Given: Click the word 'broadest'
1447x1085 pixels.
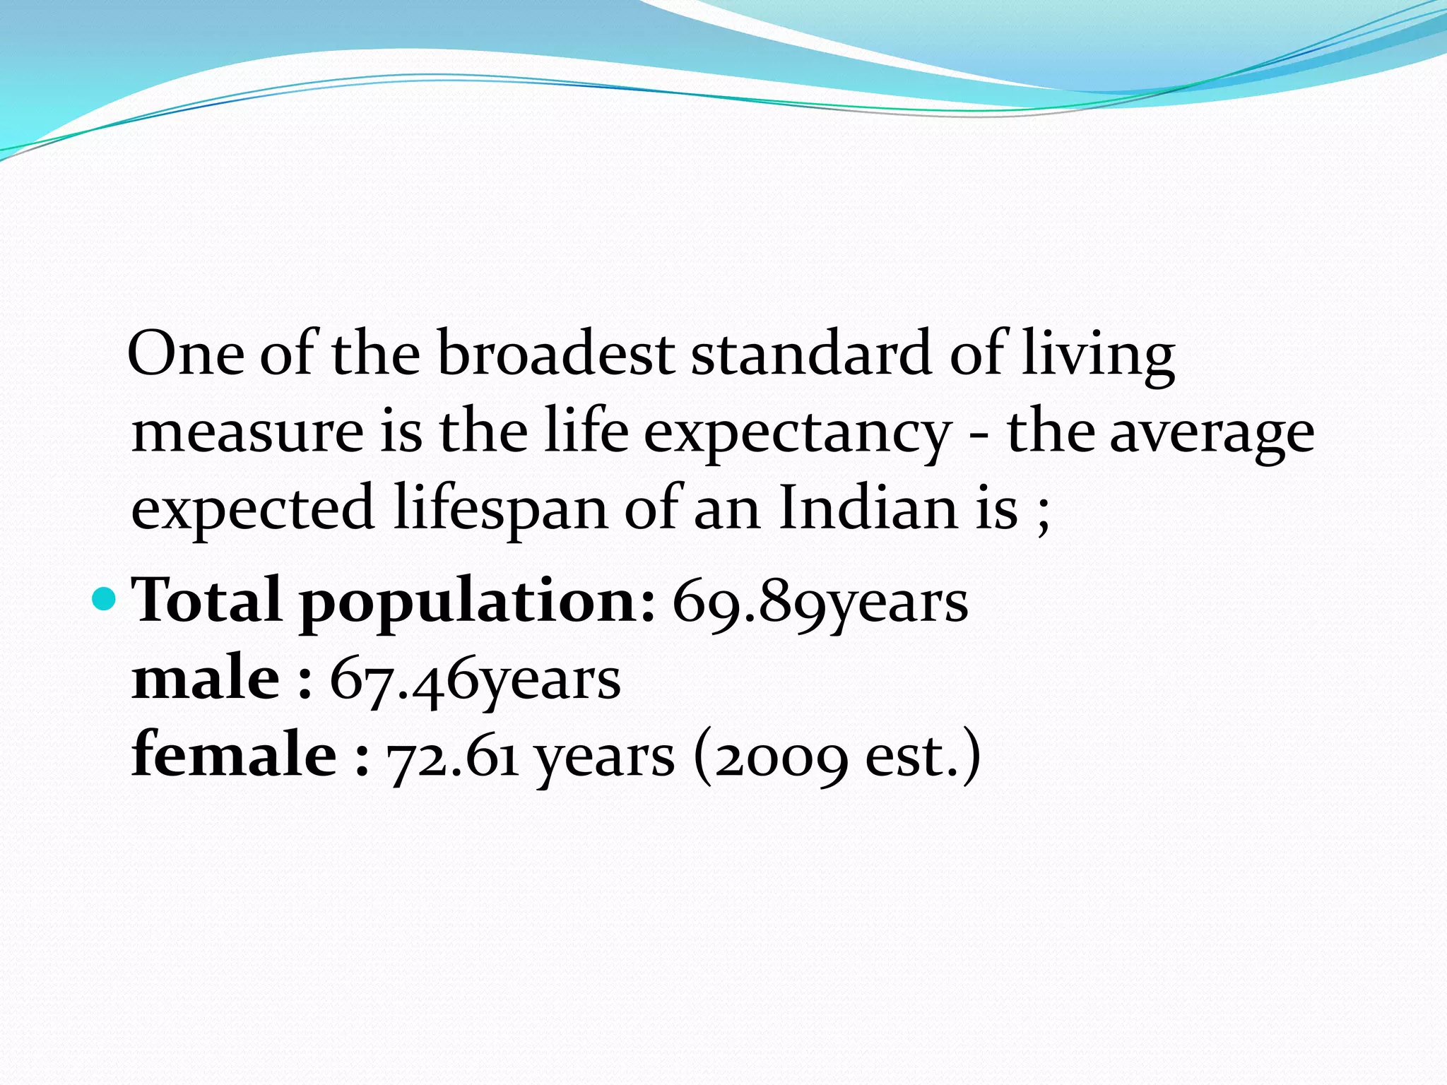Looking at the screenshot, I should tap(555, 353).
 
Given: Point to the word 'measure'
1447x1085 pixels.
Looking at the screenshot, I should tap(248, 432).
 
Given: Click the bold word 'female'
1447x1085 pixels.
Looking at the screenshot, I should tap(234, 754).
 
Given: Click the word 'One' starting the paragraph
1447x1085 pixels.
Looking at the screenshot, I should tap(186, 353).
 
